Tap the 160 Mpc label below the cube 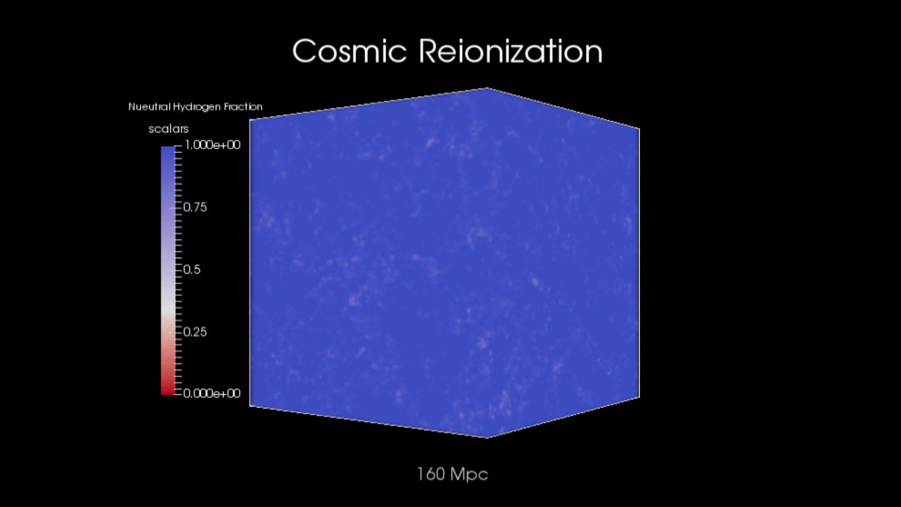tap(452, 474)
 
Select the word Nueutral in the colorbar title tap(149, 107)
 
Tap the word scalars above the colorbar tap(168, 129)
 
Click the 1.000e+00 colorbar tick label tap(213, 145)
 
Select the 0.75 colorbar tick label tap(195, 207)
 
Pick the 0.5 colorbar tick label tap(192, 269)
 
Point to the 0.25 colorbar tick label tap(195, 332)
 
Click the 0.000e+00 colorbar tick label tap(212, 393)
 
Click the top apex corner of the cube tap(487, 88)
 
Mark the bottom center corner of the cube tap(486, 438)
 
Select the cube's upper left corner tap(250, 120)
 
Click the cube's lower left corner tap(250, 406)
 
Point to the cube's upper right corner tap(639, 128)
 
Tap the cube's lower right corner tap(639, 397)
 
